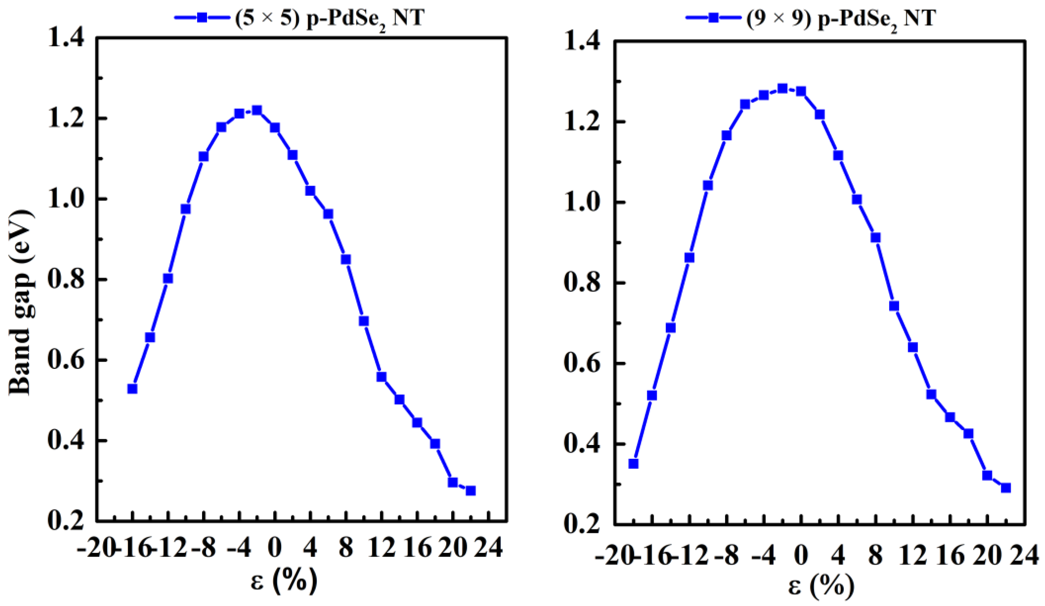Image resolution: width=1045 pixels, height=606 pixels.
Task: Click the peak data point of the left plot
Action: tap(257, 110)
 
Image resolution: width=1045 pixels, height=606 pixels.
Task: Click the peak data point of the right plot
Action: tap(782, 88)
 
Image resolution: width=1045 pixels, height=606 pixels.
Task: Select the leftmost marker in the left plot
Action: tap(132, 389)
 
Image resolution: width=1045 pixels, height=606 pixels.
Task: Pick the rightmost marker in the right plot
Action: tap(1005, 488)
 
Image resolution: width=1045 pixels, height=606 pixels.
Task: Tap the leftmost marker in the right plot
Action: tap(633, 463)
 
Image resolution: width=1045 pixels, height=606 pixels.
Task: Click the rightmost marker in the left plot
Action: tap(471, 491)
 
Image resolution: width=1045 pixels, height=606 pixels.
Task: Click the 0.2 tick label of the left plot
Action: tap(66, 521)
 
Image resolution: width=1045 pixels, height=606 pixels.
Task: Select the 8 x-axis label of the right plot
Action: tap(875, 555)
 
